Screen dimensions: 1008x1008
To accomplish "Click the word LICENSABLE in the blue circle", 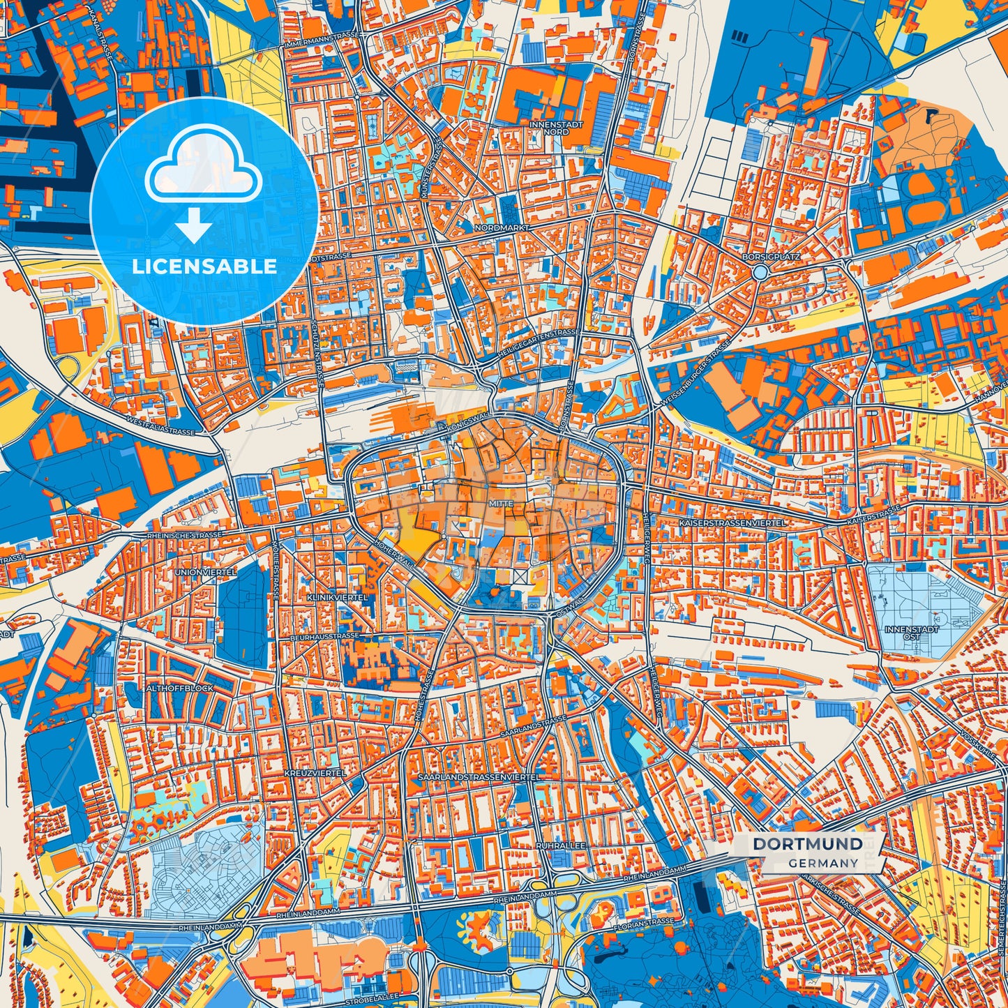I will click(204, 266).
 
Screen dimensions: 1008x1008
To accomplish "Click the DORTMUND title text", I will click(807, 844).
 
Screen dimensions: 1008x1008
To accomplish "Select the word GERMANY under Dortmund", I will click(823, 863).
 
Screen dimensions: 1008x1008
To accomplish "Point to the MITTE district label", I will click(501, 503).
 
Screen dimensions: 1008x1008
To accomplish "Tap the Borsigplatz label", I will click(771, 256).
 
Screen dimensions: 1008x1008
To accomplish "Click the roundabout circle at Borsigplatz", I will click(760, 272).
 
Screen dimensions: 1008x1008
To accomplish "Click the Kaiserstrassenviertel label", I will click(732, 522).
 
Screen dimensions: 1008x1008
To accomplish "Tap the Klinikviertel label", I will click(332, 598).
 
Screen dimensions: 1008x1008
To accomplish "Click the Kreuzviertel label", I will click(315, 773).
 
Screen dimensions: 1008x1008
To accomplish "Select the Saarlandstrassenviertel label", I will click(478, 776).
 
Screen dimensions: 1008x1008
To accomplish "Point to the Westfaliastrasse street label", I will click(160, 427).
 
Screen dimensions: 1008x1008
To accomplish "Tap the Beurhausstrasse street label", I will click(325, 636).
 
